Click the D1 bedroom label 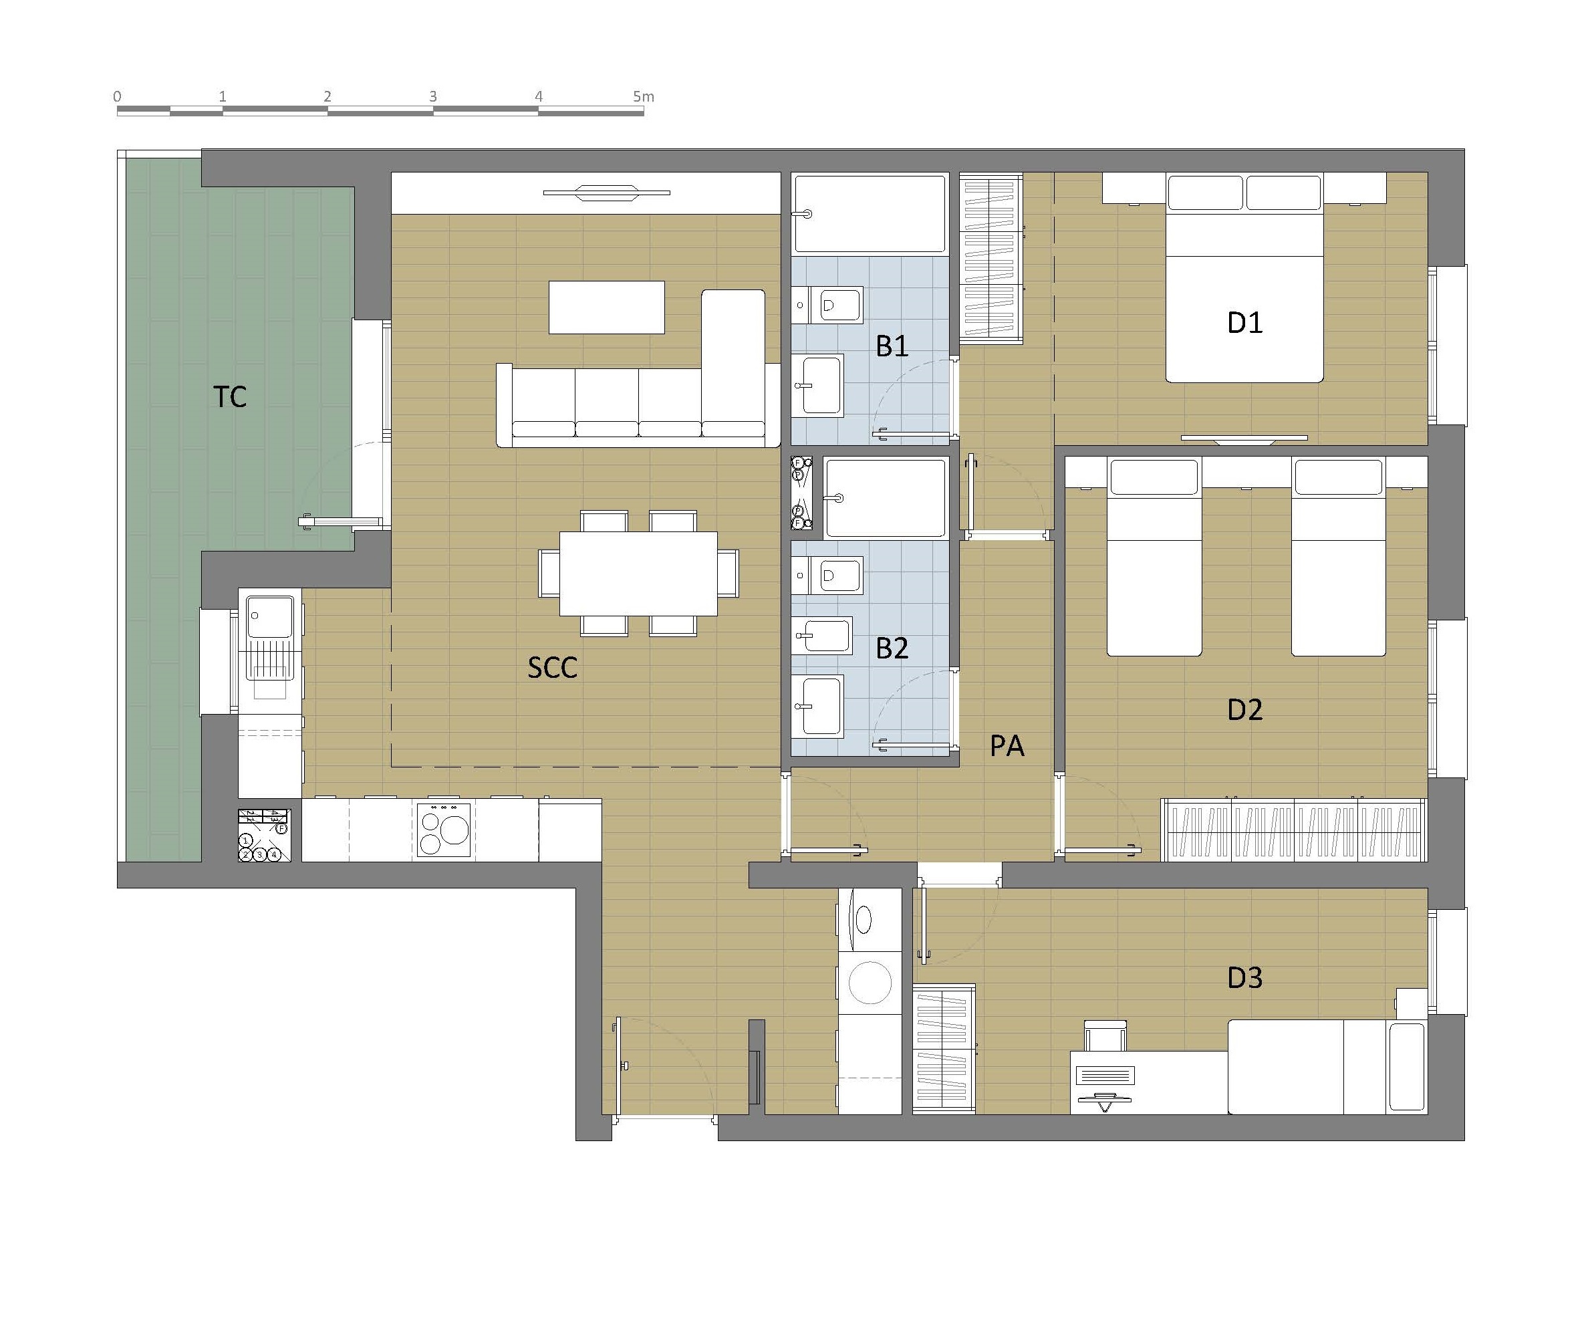pos(1245,323)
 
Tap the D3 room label pos(1245,977)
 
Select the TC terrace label pos(230,396)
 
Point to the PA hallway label pos(1007,746)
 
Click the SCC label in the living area pos(553,668)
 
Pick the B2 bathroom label pos(892,648)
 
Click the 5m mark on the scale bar pos(643,97)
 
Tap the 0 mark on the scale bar pos(117,97)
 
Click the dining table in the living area pos(638,574)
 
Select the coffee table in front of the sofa pos(607,308)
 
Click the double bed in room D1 pos(1245,277)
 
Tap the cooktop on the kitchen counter pos(444,830)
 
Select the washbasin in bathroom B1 pos(818,385)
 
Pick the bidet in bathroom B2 pos(822,636)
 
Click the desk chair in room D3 pos(1105,1036)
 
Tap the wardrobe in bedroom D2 pos(1294,830)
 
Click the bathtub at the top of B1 pos(870,213)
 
